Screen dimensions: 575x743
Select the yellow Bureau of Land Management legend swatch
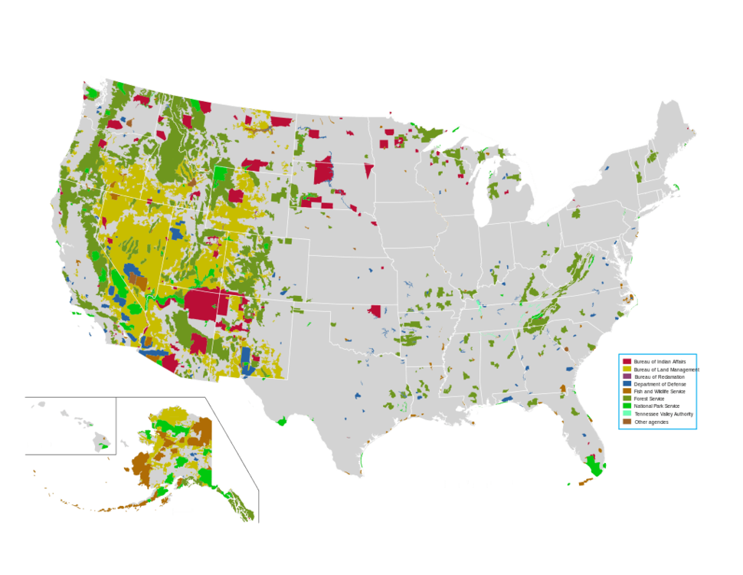coord(627,369)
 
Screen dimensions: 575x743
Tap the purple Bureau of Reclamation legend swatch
coord(627,376)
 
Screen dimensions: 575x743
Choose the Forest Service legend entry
coord(650,399)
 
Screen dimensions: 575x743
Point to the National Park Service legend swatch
coord(627,406)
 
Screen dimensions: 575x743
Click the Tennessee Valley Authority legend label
coord(663,414)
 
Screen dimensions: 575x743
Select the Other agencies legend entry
coord(650,422)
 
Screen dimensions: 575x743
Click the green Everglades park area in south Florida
coord(591,465)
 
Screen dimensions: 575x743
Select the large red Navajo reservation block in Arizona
coord(203,304)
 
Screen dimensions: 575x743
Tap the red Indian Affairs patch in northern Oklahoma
coord(375,310)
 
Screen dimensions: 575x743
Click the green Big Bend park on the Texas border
coord(281,421)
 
